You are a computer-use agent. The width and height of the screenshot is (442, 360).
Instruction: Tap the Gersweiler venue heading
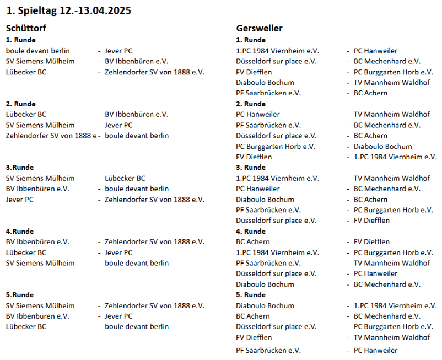[259, 29]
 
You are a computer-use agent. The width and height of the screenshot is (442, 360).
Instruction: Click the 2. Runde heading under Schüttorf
[20, 104]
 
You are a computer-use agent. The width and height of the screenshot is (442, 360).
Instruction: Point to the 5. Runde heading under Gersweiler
[251, 295]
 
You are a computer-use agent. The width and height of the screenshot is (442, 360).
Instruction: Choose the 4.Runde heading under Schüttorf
[20, 231]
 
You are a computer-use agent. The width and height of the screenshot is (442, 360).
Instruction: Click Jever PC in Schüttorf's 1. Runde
[118, 51]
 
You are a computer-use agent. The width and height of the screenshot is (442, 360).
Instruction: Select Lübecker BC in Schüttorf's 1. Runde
[26, 72]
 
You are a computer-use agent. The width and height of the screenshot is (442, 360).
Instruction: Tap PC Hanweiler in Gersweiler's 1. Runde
[375, 51]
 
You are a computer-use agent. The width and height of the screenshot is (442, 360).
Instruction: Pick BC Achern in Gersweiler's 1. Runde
[370, 93]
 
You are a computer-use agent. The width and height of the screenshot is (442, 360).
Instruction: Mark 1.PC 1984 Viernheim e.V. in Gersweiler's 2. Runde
[395, 157]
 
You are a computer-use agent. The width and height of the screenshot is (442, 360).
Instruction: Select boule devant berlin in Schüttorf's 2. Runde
[137, 136]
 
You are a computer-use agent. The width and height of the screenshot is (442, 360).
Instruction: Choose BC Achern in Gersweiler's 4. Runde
[253, 242]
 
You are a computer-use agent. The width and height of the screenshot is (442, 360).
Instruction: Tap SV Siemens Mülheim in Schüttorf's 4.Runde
[40, 263]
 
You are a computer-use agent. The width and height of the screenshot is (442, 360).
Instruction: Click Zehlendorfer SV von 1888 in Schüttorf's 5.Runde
[154, 305]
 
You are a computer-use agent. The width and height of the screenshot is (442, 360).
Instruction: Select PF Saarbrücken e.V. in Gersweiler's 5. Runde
[268, 350]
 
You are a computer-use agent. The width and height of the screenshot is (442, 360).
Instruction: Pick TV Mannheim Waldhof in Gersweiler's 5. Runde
[391, 337]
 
